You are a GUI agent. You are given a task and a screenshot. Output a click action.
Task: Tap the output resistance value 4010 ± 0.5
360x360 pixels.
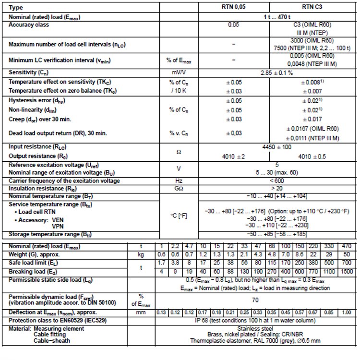[x=313, y=156]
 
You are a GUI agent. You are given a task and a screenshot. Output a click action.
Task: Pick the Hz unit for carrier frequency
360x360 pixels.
[x=179, y=181]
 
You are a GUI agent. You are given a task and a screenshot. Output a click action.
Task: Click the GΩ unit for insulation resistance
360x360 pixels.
[x=179, y=188]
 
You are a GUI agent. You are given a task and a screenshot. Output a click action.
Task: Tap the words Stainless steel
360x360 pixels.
[x=255, y=329]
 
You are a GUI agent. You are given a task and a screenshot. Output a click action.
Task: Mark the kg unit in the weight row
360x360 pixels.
[x=142, y=254]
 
